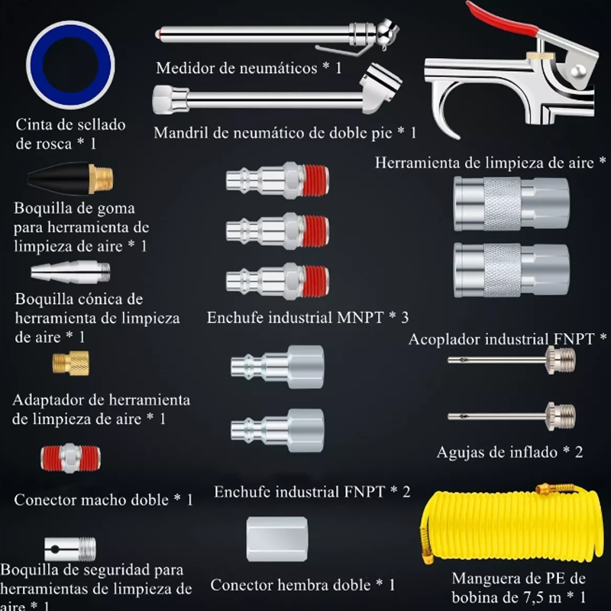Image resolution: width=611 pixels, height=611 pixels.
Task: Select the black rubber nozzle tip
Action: pyautogui.click(x=57, y=180)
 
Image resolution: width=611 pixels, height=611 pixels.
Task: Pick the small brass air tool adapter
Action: pyautogui.click(x=70, y=363)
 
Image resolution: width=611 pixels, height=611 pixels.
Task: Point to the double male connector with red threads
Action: pyautogui.click(x=70, y=458)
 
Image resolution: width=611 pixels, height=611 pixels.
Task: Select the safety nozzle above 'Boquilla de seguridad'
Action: pyautogui.click(x=70, y=547)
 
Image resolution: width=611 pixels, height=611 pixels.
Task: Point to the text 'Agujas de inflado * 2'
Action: pyautogui.click(x=509, y=452)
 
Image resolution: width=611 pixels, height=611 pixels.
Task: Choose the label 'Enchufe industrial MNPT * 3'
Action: pyautogui.click(x=308, y=318)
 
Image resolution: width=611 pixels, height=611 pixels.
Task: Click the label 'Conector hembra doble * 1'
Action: pyautogui.click(x=302, y=585)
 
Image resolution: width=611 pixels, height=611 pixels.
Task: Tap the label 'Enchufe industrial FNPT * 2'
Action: pyautogui.click(x=312, y=492)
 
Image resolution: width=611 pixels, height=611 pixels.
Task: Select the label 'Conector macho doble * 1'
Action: pyautogui.click(x=103, y=499)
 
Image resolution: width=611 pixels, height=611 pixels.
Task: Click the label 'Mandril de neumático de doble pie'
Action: pyautogui.click(x=285, y=133)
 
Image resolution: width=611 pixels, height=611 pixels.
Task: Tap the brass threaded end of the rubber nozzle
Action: pyautogui.click(x=101, y=179)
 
